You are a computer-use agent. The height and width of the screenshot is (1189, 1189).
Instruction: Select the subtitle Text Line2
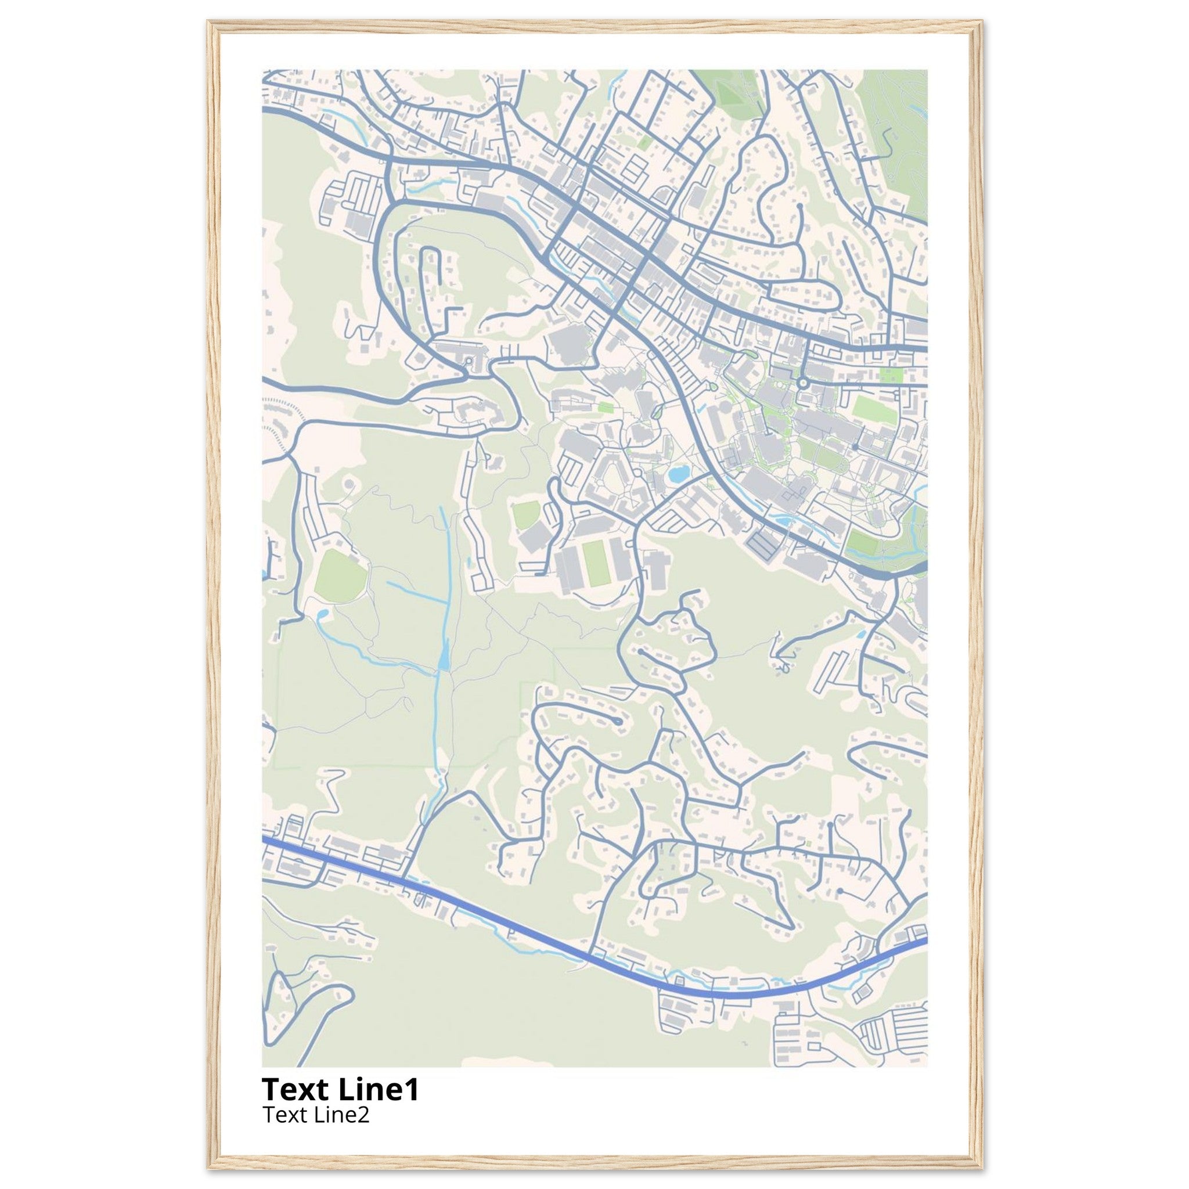click(x=316, y=1115)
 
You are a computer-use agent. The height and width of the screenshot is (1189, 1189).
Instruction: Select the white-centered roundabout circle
click(x=802, y=383)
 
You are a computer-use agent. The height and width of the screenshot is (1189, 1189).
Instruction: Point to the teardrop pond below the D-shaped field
click(x=322, y=615)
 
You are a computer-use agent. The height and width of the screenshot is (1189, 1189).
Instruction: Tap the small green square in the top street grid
click(x=646, y=141)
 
